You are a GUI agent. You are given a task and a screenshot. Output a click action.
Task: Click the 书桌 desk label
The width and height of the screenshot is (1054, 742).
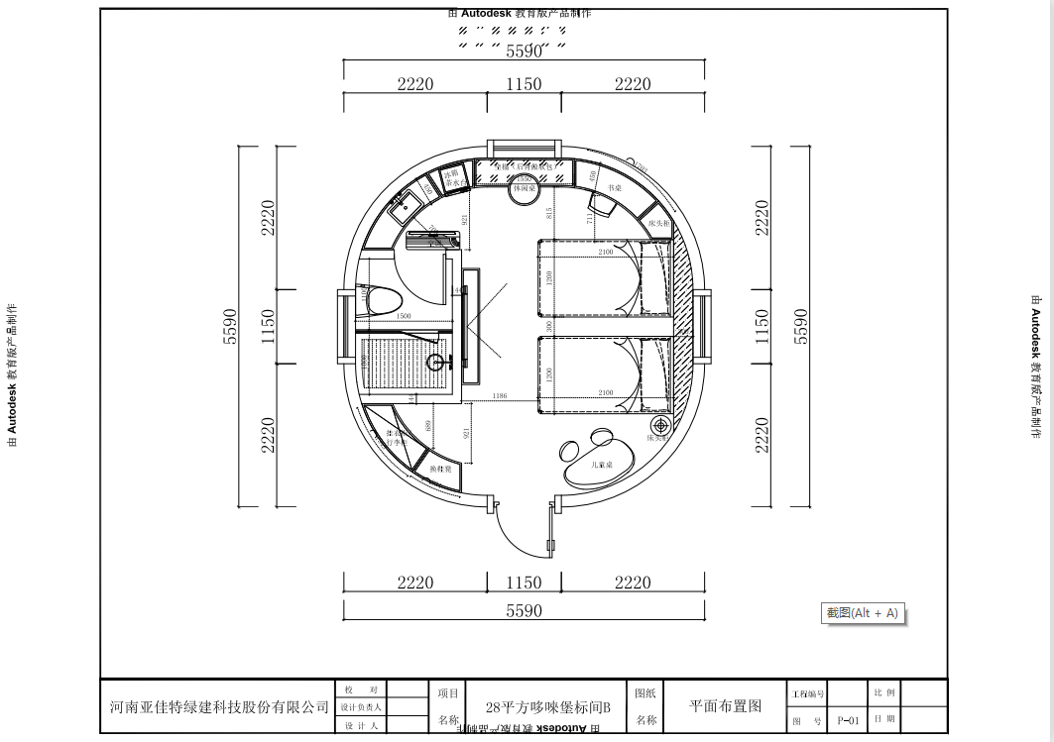(614, 187)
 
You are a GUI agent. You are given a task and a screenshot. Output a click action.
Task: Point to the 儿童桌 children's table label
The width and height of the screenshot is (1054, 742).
(601, 464)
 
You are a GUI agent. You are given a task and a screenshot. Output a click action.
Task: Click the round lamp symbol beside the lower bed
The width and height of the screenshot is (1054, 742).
(661, 425)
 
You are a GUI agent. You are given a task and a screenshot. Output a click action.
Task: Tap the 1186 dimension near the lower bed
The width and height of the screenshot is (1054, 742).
(499, 396)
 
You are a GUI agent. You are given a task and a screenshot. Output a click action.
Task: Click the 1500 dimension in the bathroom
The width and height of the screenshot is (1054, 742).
(404, 316)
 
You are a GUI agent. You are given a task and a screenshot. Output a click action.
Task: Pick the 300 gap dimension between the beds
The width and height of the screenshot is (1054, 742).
(547, 325)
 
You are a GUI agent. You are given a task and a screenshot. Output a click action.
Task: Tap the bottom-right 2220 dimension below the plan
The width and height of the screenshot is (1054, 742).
(633, 583)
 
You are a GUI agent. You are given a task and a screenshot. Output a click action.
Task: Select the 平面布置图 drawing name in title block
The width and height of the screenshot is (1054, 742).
(725, 706)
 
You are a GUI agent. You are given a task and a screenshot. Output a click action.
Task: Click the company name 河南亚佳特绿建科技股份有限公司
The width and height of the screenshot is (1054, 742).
(219, 706)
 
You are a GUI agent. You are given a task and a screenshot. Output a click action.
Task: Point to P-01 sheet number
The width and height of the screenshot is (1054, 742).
(848, 720)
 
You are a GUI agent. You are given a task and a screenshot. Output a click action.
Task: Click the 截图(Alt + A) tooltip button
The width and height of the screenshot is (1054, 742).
(862, 613)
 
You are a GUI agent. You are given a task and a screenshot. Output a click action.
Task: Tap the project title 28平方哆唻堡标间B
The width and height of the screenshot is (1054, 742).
(548, 707)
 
